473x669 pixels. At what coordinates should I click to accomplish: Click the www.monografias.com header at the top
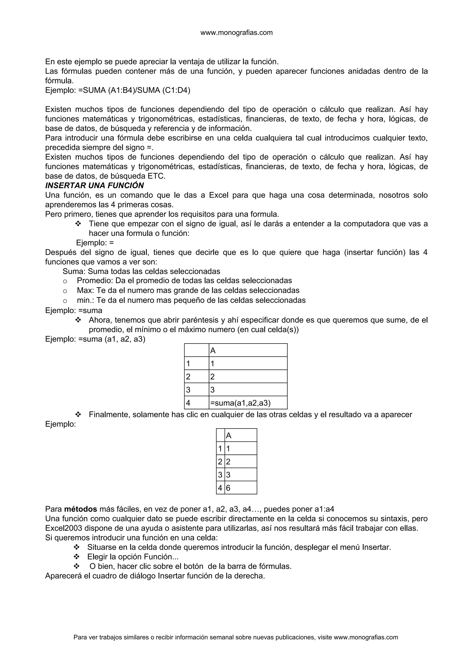[x=236, y=33]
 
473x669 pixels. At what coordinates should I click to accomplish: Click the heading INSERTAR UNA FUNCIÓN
[x=94, y=186]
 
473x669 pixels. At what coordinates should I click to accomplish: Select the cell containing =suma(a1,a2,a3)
[x=240, y=403]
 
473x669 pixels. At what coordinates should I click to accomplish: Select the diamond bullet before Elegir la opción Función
[x=77, y=557]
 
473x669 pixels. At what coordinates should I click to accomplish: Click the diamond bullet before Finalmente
[x=78, y=414]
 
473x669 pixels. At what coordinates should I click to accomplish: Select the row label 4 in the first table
[x=188, y=403]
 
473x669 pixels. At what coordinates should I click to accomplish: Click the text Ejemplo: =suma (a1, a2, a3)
[x=95, y=339]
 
